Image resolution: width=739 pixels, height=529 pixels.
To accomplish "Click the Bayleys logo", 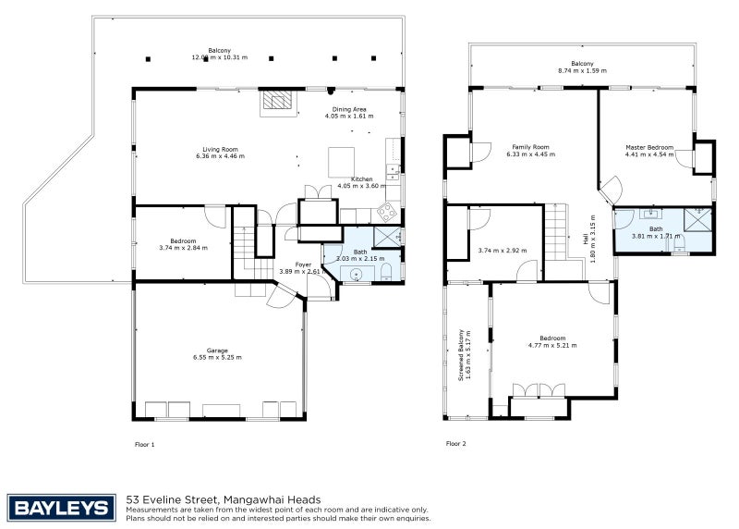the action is [x=61, y=508].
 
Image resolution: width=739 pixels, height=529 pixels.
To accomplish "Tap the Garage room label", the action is [x=217, y=351].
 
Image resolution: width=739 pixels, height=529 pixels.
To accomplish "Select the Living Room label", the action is [x=220, y=149].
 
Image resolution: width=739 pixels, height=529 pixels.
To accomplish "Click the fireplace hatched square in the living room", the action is [x=277, y=99].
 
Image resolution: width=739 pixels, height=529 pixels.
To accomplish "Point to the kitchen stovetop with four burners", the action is [x=387, y=213].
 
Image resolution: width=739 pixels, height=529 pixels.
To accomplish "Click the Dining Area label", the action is [x=349, y=109].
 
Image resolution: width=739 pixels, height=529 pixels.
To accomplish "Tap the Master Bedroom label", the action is [x=649, y=147].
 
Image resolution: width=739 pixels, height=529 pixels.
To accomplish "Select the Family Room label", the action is [x=530, y=147].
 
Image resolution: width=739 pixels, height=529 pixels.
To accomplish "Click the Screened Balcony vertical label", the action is [x=461, y=355].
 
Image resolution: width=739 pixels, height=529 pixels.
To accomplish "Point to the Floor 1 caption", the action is [x=145, y=445].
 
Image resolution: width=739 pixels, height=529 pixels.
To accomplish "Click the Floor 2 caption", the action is [x=455, y=444].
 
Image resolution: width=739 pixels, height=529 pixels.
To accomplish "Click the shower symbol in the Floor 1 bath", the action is [x=387, y=237].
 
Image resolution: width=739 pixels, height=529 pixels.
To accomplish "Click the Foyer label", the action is [x=303, y=264].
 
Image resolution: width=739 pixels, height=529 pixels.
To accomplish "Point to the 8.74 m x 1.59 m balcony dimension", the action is [x=583, y=71].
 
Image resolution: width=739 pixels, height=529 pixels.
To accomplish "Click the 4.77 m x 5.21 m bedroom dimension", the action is [x=552, y=345].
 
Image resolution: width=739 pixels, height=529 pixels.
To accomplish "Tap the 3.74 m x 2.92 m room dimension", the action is [x=503, y=251].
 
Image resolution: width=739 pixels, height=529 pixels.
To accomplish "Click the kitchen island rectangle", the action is [x=341, y=162].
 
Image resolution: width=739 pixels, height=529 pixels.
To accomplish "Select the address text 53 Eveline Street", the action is [x=172, y=499].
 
